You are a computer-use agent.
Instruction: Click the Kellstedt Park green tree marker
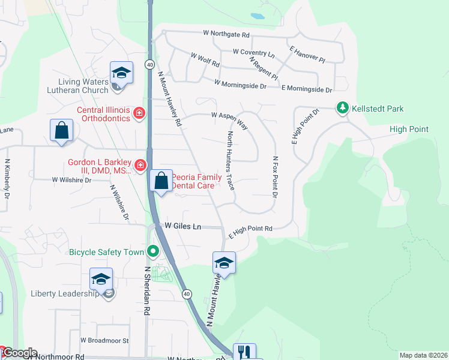pyautogui.click(x=342, y=108)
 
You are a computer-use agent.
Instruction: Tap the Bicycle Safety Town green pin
pyautogui.click(x=153, y=251)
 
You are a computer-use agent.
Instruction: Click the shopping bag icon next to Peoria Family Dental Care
pyautogui.click(x=161, y=181)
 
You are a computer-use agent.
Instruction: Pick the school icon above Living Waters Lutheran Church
pyautogui.click(x=121, y=73)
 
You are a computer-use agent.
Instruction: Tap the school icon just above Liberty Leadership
pyautogui.click(x=101, y=279)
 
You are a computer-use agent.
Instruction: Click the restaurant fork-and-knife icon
pyautogui.click(x=244, y=352)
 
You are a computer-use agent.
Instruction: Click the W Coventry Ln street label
pyautogui.click(x=253, y=53)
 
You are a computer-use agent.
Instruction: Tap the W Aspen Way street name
pyautogui.click(x=229, y=119)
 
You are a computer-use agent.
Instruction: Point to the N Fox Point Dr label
pyautogui.click(x=276, y=177)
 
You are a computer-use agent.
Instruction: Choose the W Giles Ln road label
pyautogui.click(x=183, y=226)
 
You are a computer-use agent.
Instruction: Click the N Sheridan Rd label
pyautogui.click(x=146, y=291)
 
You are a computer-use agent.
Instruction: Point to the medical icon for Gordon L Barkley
pyautogui.click(x=139, y=164)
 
